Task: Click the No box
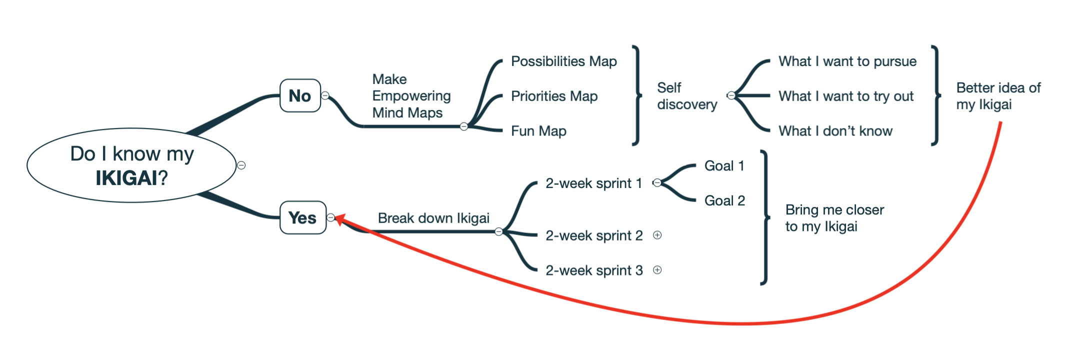(300, 95)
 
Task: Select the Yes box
(302, 217)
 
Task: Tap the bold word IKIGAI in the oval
(127, 178)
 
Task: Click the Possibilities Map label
(563, 61)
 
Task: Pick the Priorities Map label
(554, 96)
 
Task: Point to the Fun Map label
(538, 131)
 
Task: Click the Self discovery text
(686, 96)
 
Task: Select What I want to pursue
(847, 61)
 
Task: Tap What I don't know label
(835, 131)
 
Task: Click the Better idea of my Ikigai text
(998, 96)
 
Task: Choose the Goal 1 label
(724, 166)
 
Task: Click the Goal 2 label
(724, 201)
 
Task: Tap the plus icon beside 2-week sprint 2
(657, 235)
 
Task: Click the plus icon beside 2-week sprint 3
(657, 270)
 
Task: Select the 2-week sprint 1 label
(593, 183)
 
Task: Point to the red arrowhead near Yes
(339, 219)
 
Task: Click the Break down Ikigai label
(433, 218)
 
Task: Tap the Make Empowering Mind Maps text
(411, 96)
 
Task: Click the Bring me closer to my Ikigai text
(834, 218)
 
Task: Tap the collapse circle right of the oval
(241, 165)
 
